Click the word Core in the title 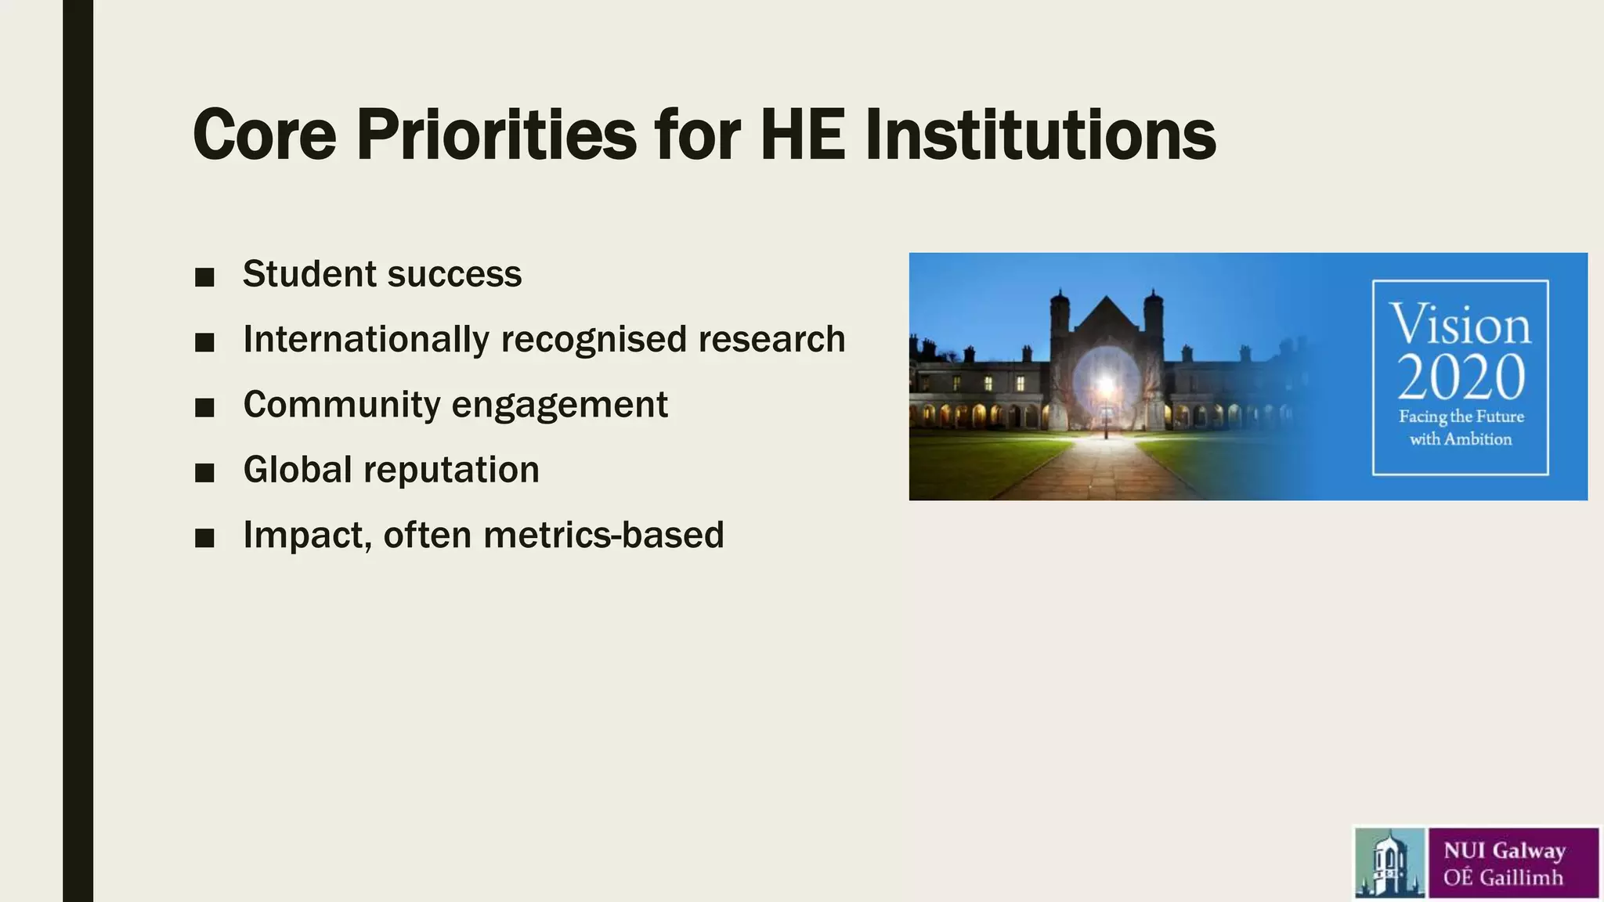(264, 135)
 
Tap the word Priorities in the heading (496, 135)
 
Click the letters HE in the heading (803, 135)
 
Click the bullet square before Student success (204, 277)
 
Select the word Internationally (366, 340)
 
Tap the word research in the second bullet (771, 340)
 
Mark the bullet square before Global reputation (204, 473)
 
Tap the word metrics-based (603, 536)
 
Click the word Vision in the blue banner (1460, 324)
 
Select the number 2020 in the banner (1460, 377)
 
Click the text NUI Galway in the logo (1504, 850)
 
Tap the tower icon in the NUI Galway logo (1389, 863)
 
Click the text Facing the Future (1461, 417)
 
